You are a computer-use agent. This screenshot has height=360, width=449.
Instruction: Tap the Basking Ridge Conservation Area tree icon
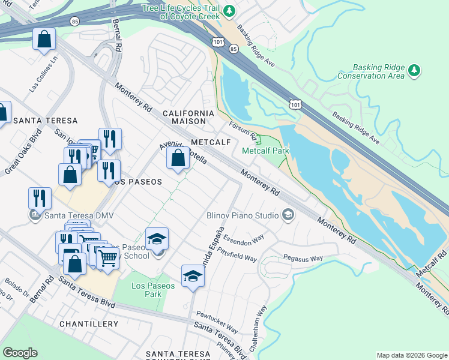(x=414, y=71)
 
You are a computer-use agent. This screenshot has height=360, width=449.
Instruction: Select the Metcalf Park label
(x=265, y=151)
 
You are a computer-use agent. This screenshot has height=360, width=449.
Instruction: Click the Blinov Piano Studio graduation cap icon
(x=288, y=215)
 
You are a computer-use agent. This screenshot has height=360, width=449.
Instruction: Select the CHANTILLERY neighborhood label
(x=89, y=324)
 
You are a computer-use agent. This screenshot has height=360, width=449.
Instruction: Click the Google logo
(x=20, y=353)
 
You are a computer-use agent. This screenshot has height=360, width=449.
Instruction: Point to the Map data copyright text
(x=411, y=355)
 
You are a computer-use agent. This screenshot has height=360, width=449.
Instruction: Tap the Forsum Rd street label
(x=243, y=130)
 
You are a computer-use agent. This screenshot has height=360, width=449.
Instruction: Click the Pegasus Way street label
(x=304, y=259)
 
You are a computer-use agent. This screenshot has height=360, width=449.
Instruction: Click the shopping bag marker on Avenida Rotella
(x=177, y=159)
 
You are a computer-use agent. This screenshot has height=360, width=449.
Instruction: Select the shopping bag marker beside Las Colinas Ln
(x=44, y=40)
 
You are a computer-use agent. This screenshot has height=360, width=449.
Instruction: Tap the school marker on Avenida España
(x=193, y=276)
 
